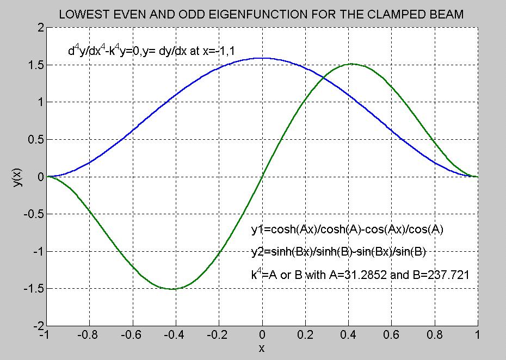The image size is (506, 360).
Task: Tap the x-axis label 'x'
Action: [x=262, y=347]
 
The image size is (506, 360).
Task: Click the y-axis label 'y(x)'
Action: [x=17, y=176]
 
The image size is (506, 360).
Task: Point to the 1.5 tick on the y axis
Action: [x=34, y=65]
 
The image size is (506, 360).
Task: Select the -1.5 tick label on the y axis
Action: [x=32, y=289]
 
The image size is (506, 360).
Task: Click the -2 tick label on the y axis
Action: [x=36, y=326]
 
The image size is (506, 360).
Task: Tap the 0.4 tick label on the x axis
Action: [x=348, y=336]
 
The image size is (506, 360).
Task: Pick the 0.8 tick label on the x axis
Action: [x=434, y=336]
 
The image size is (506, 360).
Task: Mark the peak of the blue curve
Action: [x=262, y=58]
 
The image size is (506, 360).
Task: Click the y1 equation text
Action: [x=348, y=230]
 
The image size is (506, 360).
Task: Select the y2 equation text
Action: [x=338, y=251]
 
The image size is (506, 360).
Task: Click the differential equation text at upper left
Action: [x=153, y=52]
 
